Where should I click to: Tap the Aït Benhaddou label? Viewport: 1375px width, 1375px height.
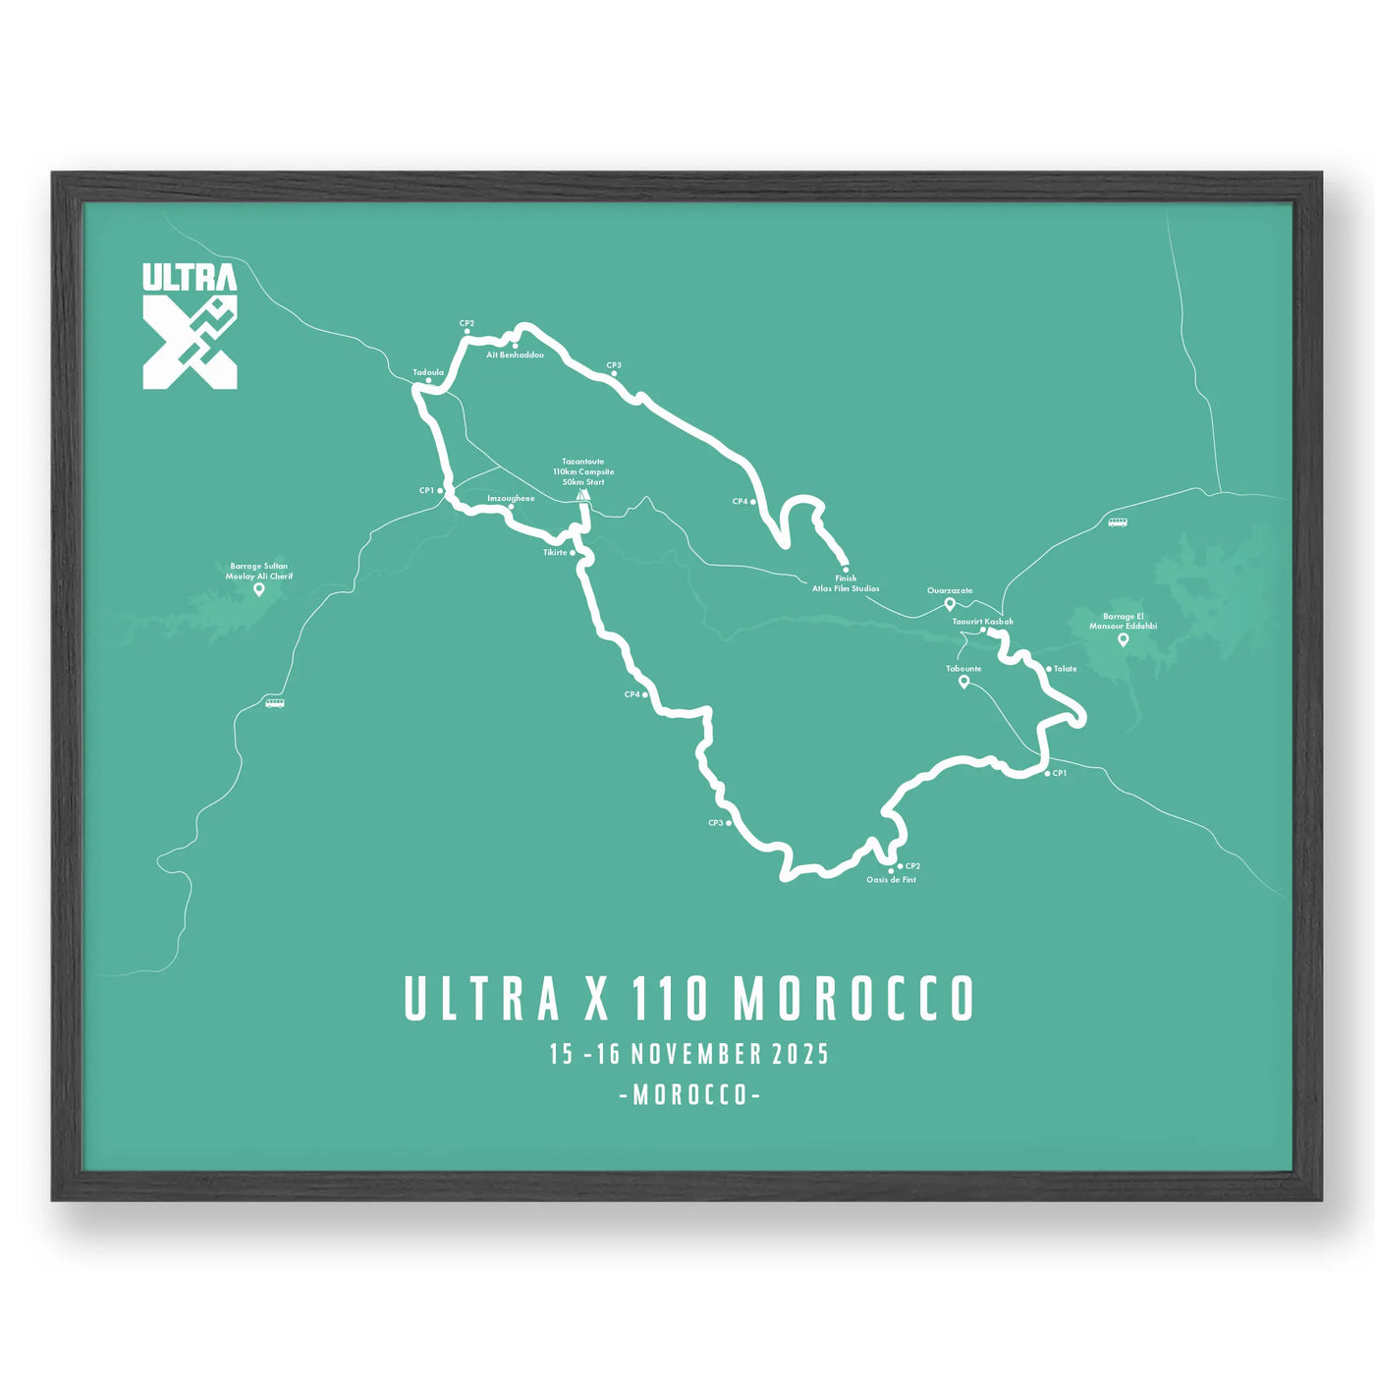click(x=516, y=355)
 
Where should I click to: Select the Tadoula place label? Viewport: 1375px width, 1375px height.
click(x=428, y=372)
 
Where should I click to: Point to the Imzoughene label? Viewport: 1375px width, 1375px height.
click(x=511, y=499)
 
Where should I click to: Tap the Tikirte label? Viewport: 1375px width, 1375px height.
click(x=555, y=553)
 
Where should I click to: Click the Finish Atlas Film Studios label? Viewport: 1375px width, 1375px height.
click(x=846, y=583)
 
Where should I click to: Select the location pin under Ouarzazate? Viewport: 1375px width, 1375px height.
click(x=950, y=604)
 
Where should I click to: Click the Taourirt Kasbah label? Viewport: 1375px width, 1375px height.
click(x=982, y=622)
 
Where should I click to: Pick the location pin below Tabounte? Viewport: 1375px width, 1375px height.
click(x=963, y=682)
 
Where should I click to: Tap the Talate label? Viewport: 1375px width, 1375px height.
click(x=1066, y=669)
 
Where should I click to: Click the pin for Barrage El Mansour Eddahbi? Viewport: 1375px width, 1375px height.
click(x=1124, y=639)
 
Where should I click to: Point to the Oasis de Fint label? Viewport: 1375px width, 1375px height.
click(x=891, y=880)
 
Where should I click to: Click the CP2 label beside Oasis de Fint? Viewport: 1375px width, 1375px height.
click(x=912, y=866)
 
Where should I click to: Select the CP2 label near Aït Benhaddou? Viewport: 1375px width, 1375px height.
click(x=467, y=323)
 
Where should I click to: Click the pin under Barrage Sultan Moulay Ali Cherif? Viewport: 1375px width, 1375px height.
click(x=259, y=589)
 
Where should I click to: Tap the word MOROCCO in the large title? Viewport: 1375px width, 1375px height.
click(x=853, y=999)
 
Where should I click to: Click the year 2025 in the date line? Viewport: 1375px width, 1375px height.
click(x=800, y=1055)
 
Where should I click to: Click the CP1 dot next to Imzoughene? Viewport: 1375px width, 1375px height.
click(x=441, y=490)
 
